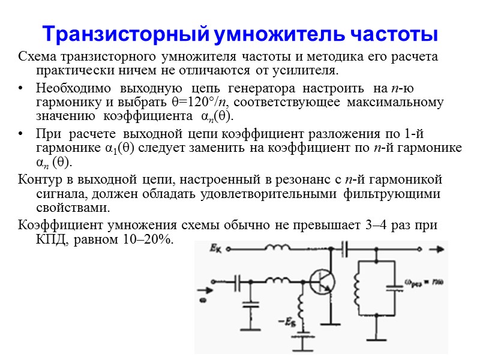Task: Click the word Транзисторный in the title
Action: [124, 35]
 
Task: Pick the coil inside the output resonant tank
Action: [356, 289]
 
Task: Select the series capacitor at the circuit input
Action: [239, 281]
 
